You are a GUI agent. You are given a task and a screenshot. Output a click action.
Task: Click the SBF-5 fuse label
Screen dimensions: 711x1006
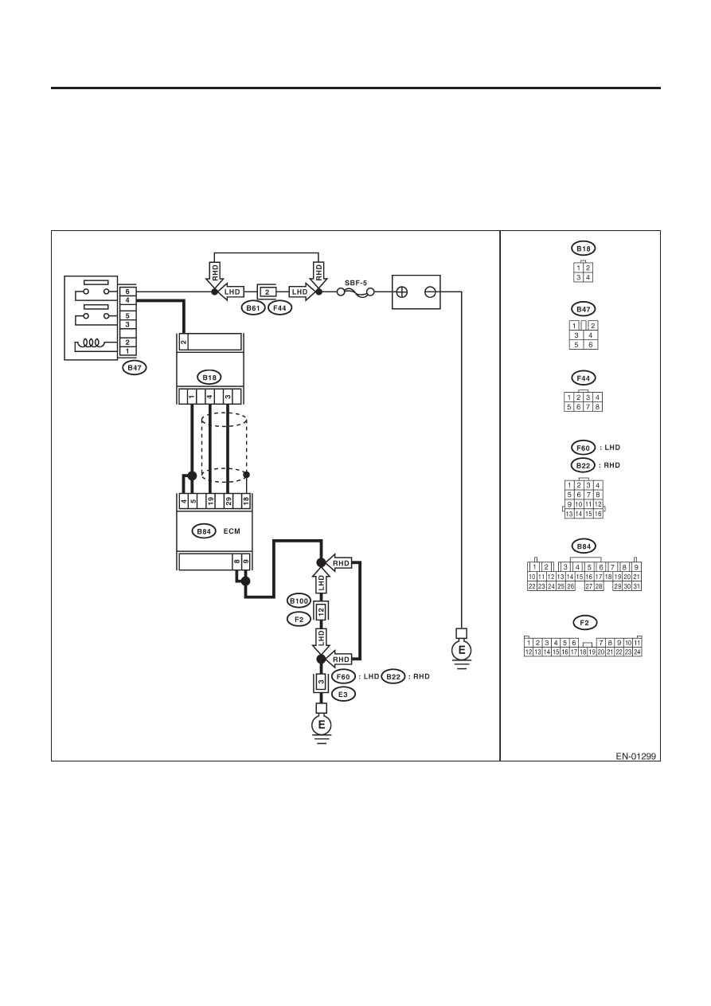(x=355, y=283)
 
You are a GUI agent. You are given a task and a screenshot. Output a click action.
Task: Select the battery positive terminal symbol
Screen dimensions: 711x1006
(x=402, y=292)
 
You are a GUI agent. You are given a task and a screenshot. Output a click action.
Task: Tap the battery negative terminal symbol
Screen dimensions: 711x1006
(x=430, y=292)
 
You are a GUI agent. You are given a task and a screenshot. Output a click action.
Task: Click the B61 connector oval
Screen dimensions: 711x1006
(x=253, y=308)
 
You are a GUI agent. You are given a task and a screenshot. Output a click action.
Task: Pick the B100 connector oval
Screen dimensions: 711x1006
(x=299, y=601)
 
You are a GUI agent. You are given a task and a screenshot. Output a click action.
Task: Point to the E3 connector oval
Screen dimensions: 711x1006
(x=343, y=695)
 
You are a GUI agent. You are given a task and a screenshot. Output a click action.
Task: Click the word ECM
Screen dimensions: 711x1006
(x=232, y=531)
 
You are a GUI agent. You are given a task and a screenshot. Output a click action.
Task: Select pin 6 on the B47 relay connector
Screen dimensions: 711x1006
(x=127, y=292)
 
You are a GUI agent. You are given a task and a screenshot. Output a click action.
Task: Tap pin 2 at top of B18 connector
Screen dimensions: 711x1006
(x=183, y=343)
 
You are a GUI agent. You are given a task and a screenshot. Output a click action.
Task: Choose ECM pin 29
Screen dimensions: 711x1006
(x=229, y=502)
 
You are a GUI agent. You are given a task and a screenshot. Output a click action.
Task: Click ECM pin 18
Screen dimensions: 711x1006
(x=246, y=502)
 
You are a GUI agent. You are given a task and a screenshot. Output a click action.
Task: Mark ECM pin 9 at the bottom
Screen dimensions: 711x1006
(x=245, y=562)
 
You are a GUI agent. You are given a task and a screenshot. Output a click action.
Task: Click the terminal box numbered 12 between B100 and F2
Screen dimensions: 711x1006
(x=321, y=611)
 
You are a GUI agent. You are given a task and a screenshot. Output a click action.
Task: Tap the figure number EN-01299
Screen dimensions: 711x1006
(x=635, y=757)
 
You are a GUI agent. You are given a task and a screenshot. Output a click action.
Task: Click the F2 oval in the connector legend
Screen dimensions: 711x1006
(x=584, y=623)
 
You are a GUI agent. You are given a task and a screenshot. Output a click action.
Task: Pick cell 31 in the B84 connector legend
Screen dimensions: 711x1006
(x=636, y=586)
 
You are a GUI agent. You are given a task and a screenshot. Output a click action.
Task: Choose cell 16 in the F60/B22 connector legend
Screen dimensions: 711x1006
(x=598, y=514)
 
